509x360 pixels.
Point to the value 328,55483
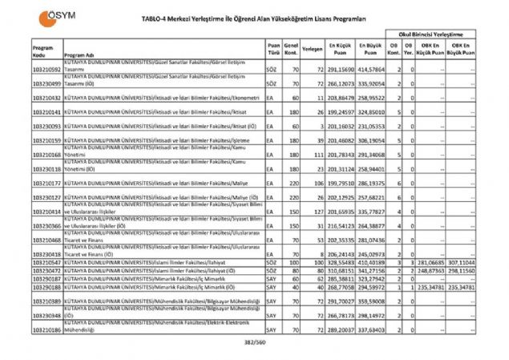[342, 262]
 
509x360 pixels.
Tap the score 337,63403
[372, 329]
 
